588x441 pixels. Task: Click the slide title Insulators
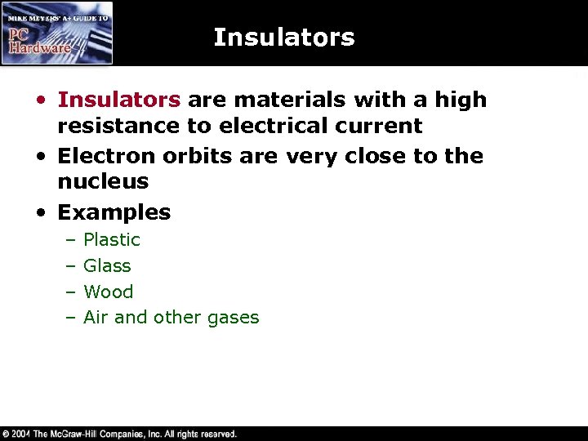coord(283,38)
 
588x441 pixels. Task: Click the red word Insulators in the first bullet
coord(119,100)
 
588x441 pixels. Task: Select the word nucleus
coord(103,181)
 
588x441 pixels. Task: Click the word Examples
coord(114,213)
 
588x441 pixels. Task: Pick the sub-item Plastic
coord(112,240)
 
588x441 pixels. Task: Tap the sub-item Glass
coord(107,266)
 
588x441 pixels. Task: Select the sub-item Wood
coord(108,292)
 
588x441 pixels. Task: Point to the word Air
coord(96,318)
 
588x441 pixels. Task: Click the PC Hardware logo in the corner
coord(57,33)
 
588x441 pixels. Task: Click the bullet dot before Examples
coord(41,213)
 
